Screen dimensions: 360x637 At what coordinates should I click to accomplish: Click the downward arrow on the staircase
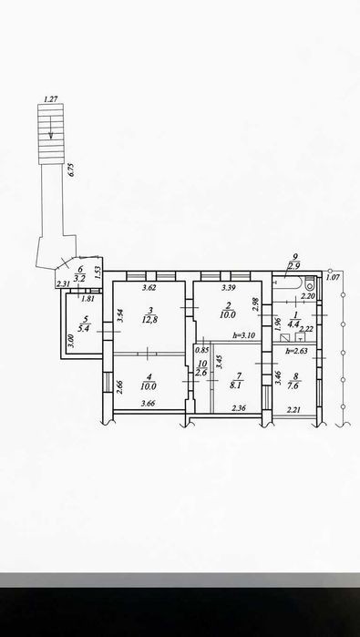pos(51,128)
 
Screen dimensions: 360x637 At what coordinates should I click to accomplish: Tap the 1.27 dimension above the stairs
pos(50,98)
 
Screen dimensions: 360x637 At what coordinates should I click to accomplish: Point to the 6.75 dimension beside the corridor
pos(72,169)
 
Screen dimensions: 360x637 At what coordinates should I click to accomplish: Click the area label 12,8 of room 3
pos(150,319)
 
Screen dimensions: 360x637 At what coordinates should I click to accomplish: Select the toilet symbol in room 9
pos(310,281)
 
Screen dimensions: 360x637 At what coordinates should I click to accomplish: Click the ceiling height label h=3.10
pos(243,335)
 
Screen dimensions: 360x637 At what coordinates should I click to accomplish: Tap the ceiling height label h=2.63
pos(295,352)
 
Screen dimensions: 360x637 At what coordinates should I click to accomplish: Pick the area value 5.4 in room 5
pos(83,329)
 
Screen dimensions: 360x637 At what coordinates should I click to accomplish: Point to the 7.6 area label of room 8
pos(295,386)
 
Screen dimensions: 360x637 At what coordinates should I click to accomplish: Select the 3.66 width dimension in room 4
pos(148,404)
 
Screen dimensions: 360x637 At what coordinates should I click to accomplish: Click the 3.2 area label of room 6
pos(80,279)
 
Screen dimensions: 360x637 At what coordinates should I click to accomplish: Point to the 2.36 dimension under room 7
pos(239,409)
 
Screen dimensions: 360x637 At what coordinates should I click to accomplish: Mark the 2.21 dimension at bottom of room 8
pos(293,410)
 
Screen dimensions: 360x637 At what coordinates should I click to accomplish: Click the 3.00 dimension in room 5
pos(70,340)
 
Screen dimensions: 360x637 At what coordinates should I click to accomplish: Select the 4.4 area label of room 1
pos(293,324)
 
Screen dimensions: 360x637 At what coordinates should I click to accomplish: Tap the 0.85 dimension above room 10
pos(202,350)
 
